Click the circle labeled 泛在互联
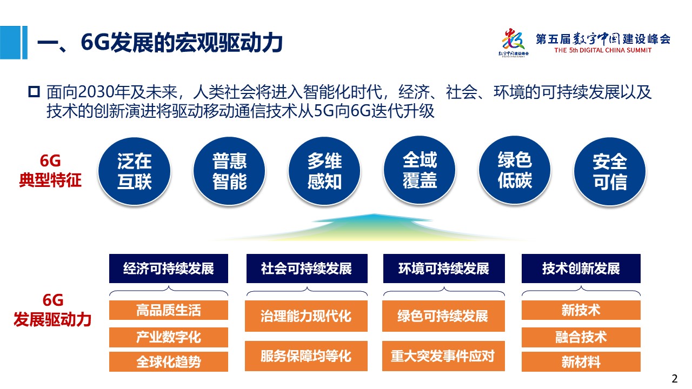click(x=135, y=171)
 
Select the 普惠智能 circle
click(x=229, y=171)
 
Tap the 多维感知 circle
click(x=324, y=171)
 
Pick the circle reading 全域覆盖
click(x=420, y=170)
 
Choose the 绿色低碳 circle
click(x=515, y=170)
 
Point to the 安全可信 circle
click(x=610, y=171)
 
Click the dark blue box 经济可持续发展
click(x=169, y=269)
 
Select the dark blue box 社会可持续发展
click(x=307, y=269)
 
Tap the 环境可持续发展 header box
click(x=444, y=269)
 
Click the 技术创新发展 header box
click(x=581, y=269)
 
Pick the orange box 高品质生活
click(x=169, y=310)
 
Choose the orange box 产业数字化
click(x=169, y=337)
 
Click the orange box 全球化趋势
click(x=169, y=361)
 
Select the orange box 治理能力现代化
click(x=306, y=316)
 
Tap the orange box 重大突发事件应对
click(x=443, y=356)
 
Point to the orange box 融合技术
click(x=581, y=337)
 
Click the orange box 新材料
click(x=581, y=361)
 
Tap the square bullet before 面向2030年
click(x=34, y=92)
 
